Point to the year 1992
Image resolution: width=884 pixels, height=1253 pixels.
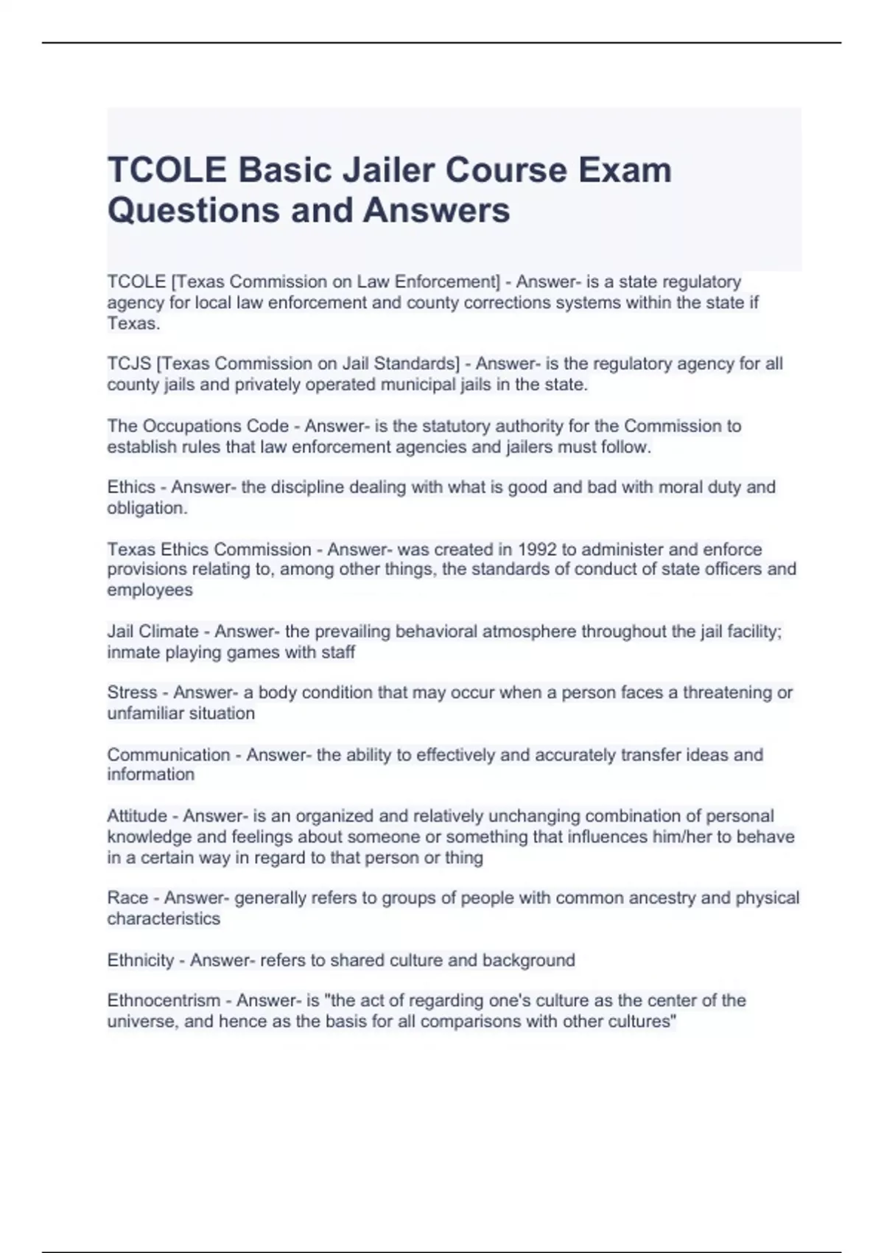click(x=538, y=549)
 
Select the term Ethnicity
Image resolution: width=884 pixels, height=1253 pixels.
click(x=141, y=960)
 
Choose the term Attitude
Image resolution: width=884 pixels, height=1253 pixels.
click(x=137, y=816)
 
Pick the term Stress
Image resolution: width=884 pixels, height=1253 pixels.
click(x=132, y=692)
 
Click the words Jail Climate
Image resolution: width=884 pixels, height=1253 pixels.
click(x=152, y=631)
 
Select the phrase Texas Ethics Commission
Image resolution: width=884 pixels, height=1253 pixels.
click(x=209, y=549)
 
